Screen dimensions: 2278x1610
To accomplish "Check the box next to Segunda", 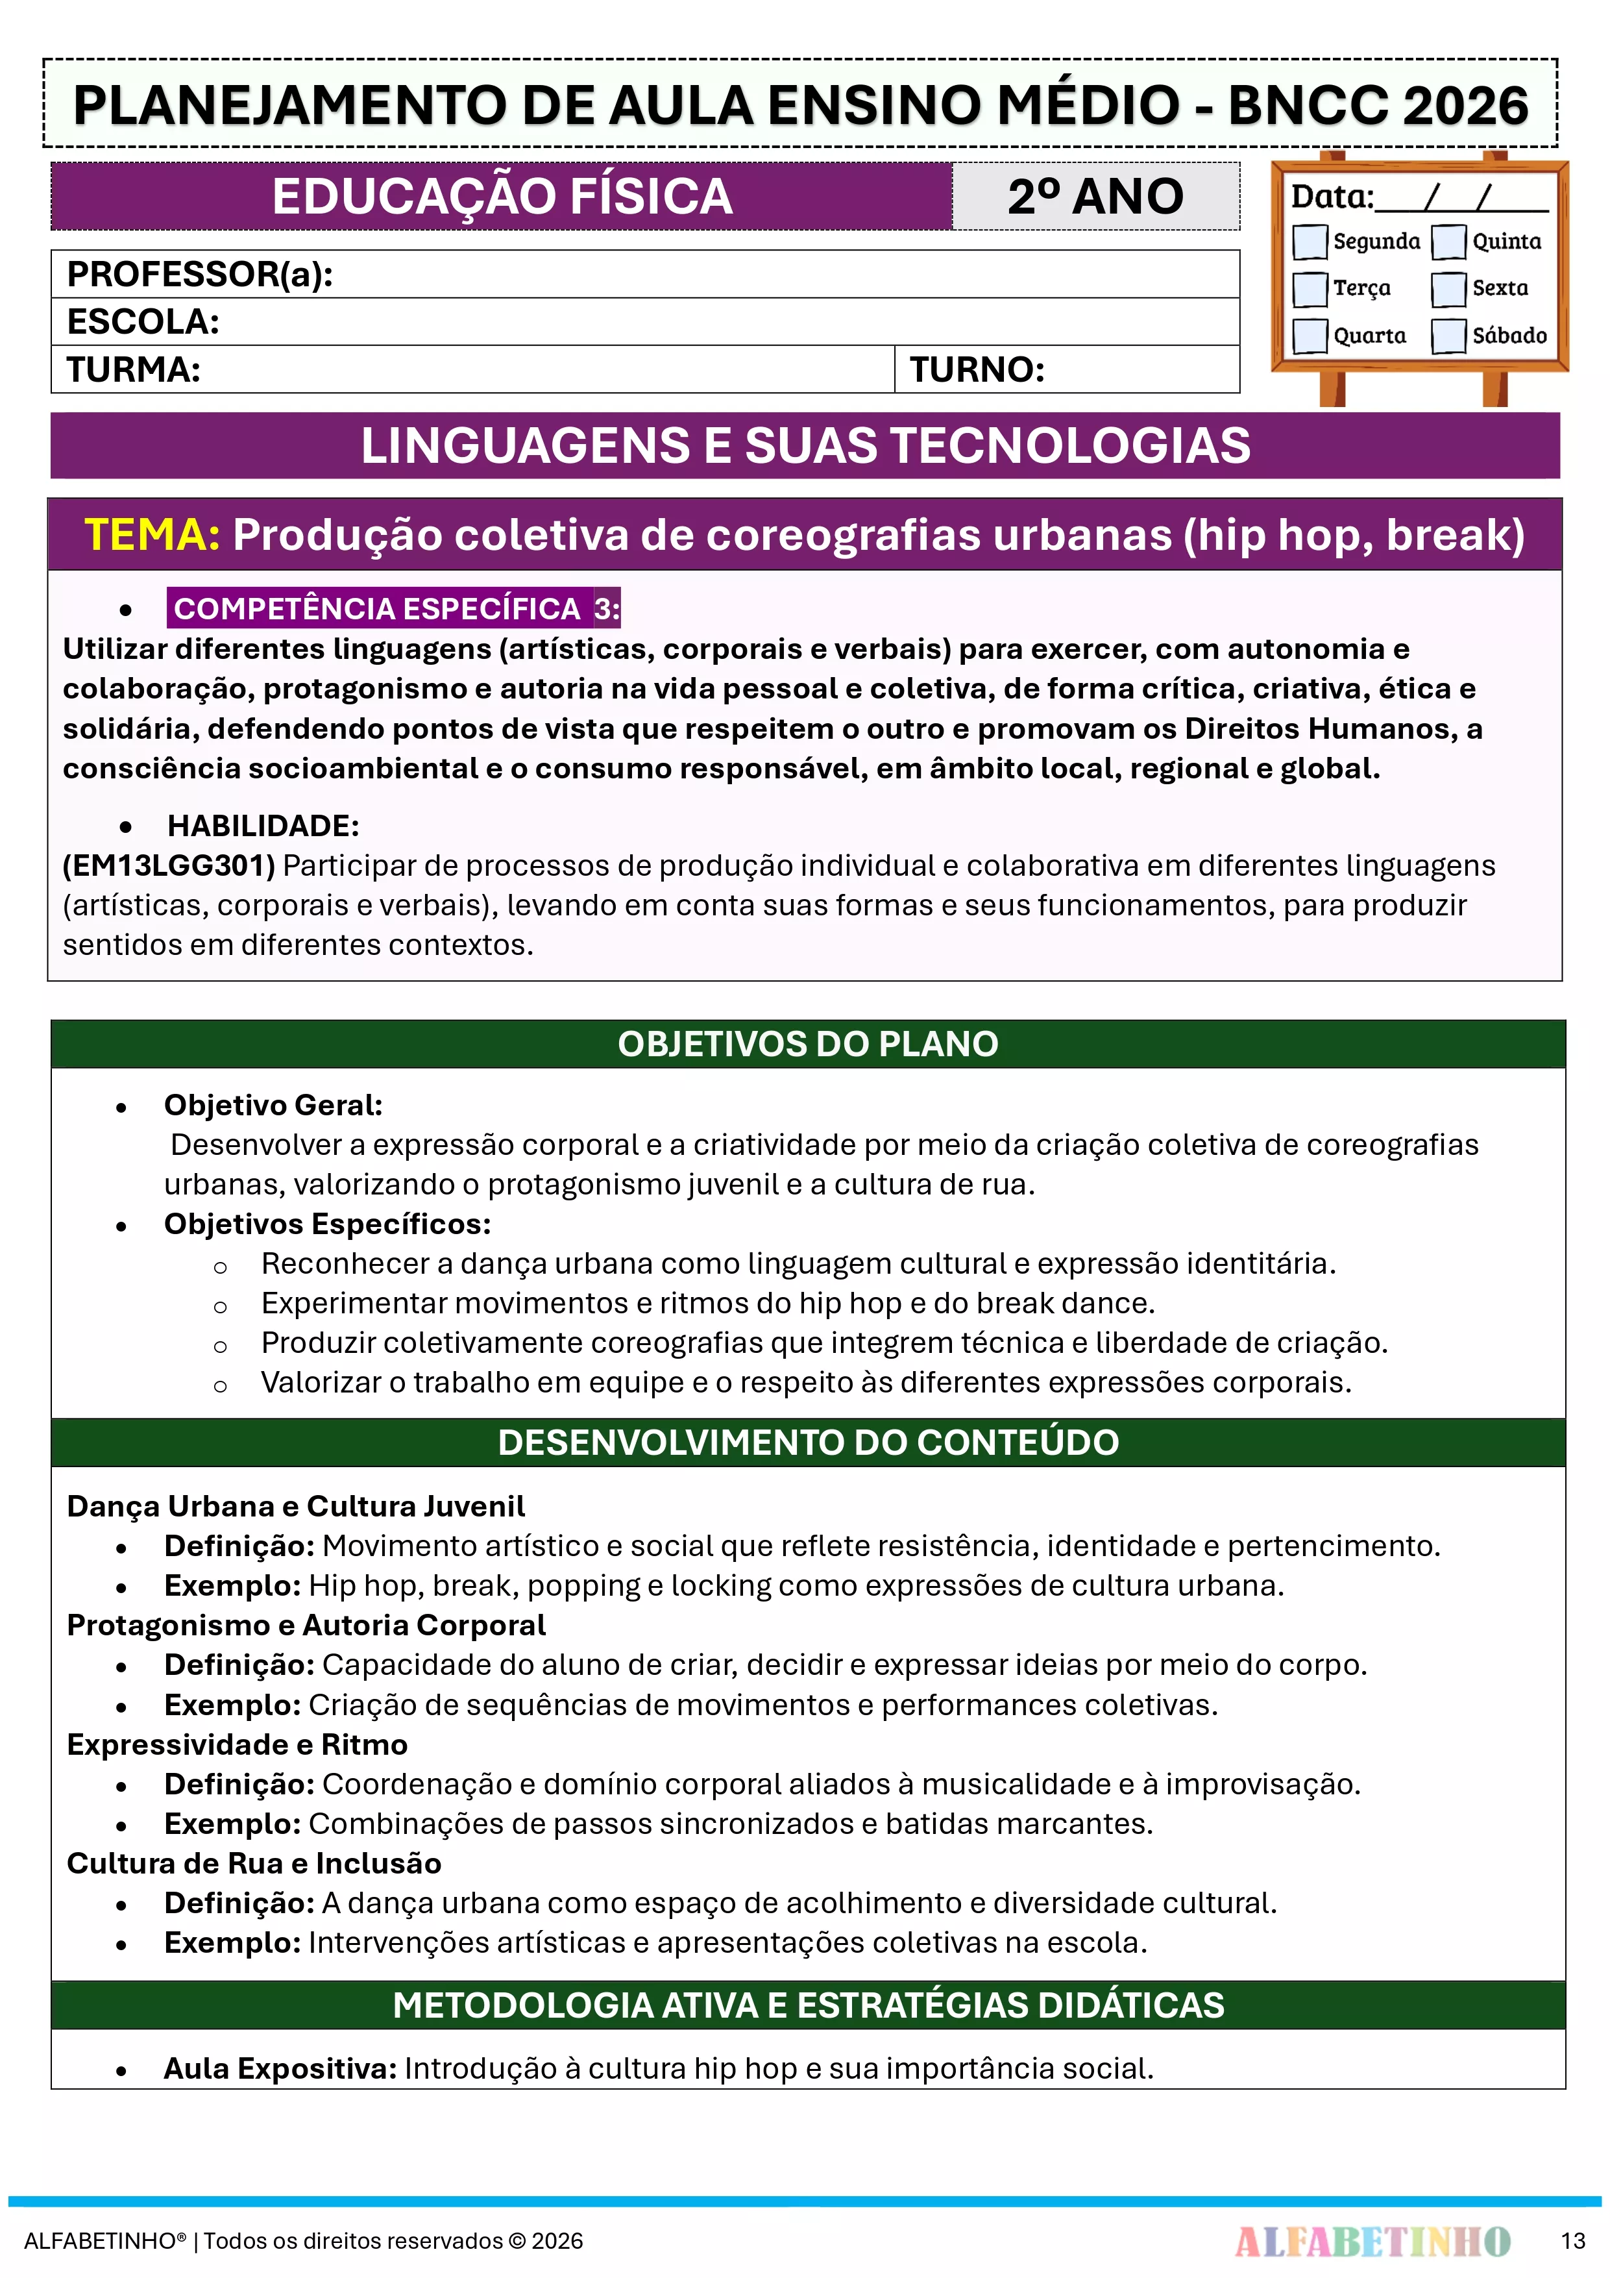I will (1310, 241).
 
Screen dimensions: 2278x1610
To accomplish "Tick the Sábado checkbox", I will (1448, 336).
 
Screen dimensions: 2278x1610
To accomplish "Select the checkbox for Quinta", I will (1448, 241).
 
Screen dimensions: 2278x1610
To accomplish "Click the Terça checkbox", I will (1310, 289).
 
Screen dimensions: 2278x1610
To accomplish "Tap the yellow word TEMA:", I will (152, 535).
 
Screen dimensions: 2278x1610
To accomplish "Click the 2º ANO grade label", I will (1095, 197).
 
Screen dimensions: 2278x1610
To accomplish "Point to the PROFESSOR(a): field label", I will (199, 274).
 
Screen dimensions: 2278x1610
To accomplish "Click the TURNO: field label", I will (977, 370).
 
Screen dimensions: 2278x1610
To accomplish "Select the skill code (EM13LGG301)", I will (169, 865).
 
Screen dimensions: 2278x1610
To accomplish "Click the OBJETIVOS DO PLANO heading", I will (807, 1044).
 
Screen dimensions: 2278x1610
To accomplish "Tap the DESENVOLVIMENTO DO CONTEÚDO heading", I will (807, 1442).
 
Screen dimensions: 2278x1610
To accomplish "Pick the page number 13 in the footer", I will (1572, 2240).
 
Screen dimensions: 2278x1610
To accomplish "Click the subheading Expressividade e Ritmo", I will (237, 1744).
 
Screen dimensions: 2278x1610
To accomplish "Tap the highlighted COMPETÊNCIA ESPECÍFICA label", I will (377, 608).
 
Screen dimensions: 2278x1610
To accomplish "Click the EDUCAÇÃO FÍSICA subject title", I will (502, 197).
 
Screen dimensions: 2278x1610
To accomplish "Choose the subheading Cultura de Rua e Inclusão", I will (254, 1863).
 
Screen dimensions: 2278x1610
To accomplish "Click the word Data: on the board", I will (1331, 197).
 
